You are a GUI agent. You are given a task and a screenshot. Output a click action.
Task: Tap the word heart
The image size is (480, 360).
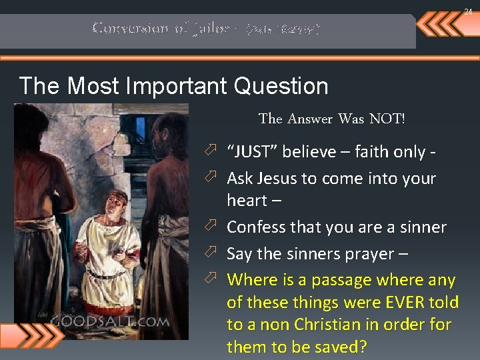[x=247, y=200]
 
